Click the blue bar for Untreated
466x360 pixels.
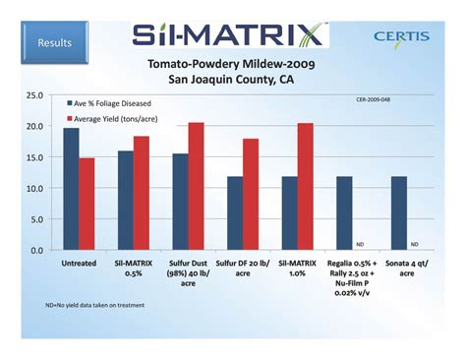pos(71,189)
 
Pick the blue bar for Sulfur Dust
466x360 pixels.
pos(180,202)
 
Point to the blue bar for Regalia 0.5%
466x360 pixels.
pos(344,212)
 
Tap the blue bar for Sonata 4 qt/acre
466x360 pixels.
pos(398,212)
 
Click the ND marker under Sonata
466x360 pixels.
pos(415,244)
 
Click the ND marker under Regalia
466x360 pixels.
pos(360,244)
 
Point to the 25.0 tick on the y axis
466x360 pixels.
pos(34,95)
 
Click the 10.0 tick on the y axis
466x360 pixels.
pos(34,188)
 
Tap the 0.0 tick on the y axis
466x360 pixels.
pos(36,250)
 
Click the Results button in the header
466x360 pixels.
pos(56,43)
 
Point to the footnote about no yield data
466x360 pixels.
pos(95,305)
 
